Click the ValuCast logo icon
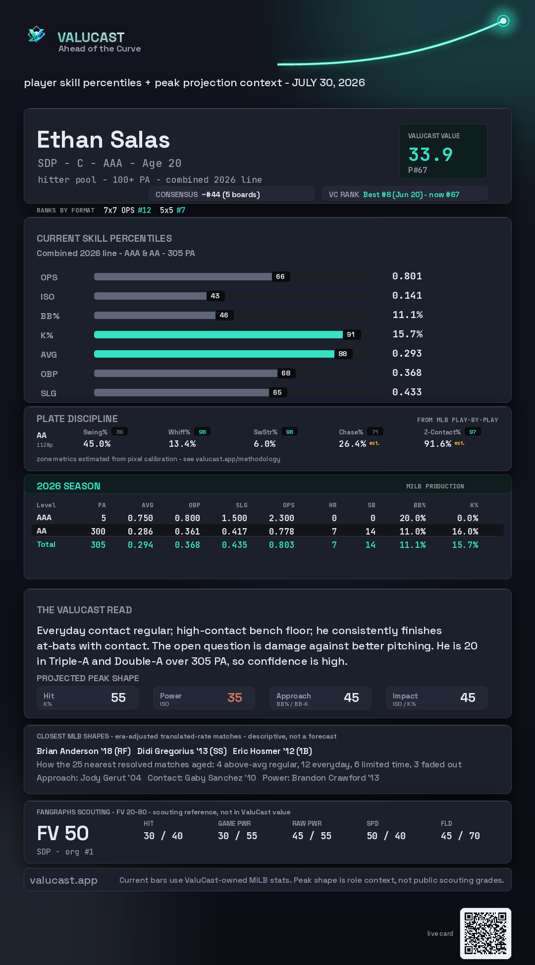click(36, 34)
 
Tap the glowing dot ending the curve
click(503, 21)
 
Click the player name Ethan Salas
click(104, 140)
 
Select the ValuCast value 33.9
click(430, 155)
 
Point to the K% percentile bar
click(218, 334)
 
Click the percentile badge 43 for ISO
click(215, 296)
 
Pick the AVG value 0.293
click(407, 353)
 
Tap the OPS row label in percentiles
click(49, 277)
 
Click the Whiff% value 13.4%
click(182, 444)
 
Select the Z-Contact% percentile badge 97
click(473, 432)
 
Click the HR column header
click(333, 505)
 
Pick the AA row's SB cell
click(371, 531)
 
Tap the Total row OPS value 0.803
click(281, 544)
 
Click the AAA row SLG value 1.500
click(234, 518)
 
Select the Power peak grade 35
click(235, 697)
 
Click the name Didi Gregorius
click(182, 751)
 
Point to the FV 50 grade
click(63, 833)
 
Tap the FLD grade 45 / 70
click(460, 836)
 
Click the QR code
click(485, 933)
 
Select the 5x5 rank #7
click(181, 210)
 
